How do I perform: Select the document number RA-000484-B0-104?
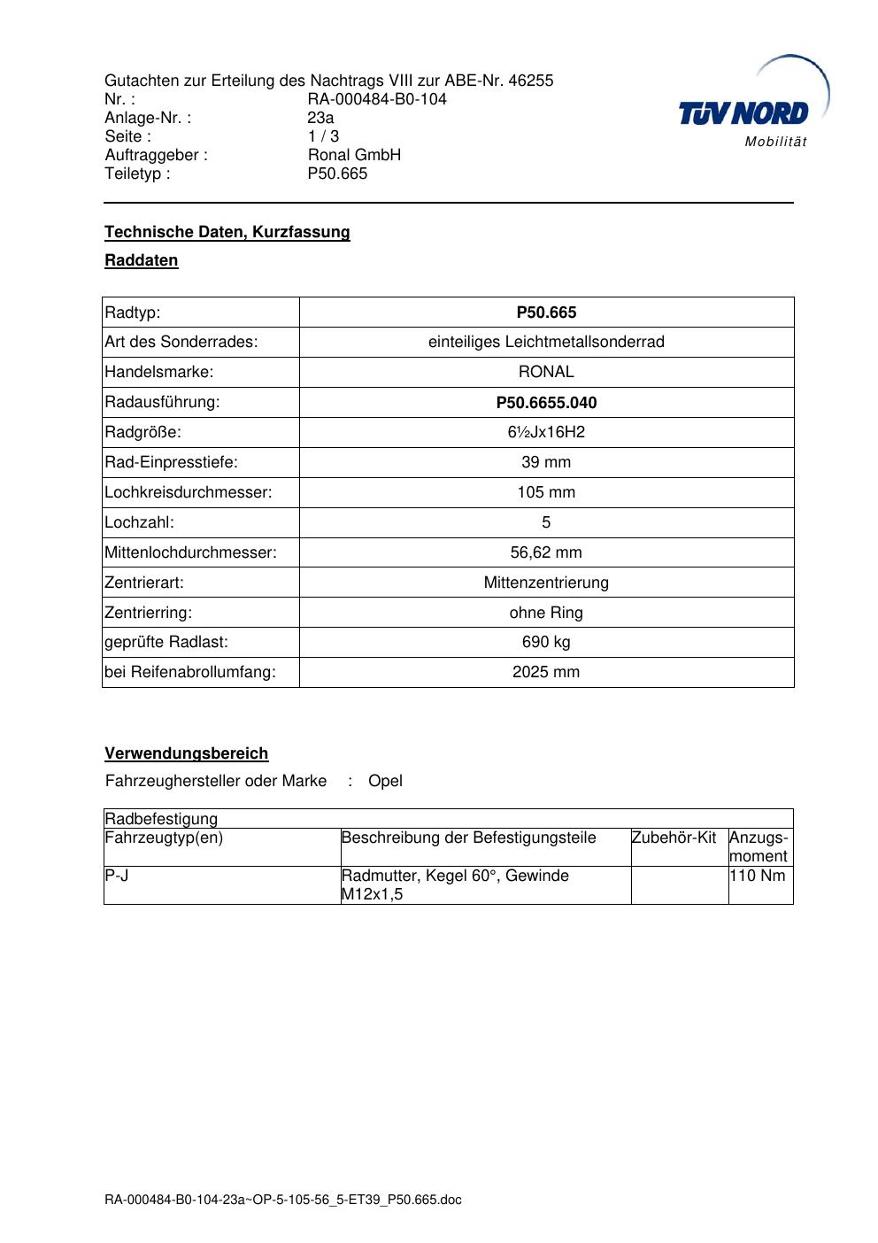pos(377,99)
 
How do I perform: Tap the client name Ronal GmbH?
pos(354,155)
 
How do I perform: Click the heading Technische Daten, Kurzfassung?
pos(227,232)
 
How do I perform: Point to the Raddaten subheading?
pos(142,260)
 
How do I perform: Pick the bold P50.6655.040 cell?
pos(546,403)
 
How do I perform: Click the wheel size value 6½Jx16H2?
pos(546,432)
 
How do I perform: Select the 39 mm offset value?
pos(546,462)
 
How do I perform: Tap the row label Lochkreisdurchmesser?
pos(189,492)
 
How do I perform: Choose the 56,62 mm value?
pos(546,552)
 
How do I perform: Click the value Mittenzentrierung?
pos(546,583)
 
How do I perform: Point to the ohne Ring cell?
pos(546,613)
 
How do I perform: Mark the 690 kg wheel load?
pos(546,642)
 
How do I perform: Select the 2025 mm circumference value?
pos(546,672)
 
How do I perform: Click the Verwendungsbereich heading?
pos(187,753)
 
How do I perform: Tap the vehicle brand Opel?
pos(385,781)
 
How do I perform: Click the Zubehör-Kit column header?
pos(674,838)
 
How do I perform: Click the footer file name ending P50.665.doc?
pos(283,1201)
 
